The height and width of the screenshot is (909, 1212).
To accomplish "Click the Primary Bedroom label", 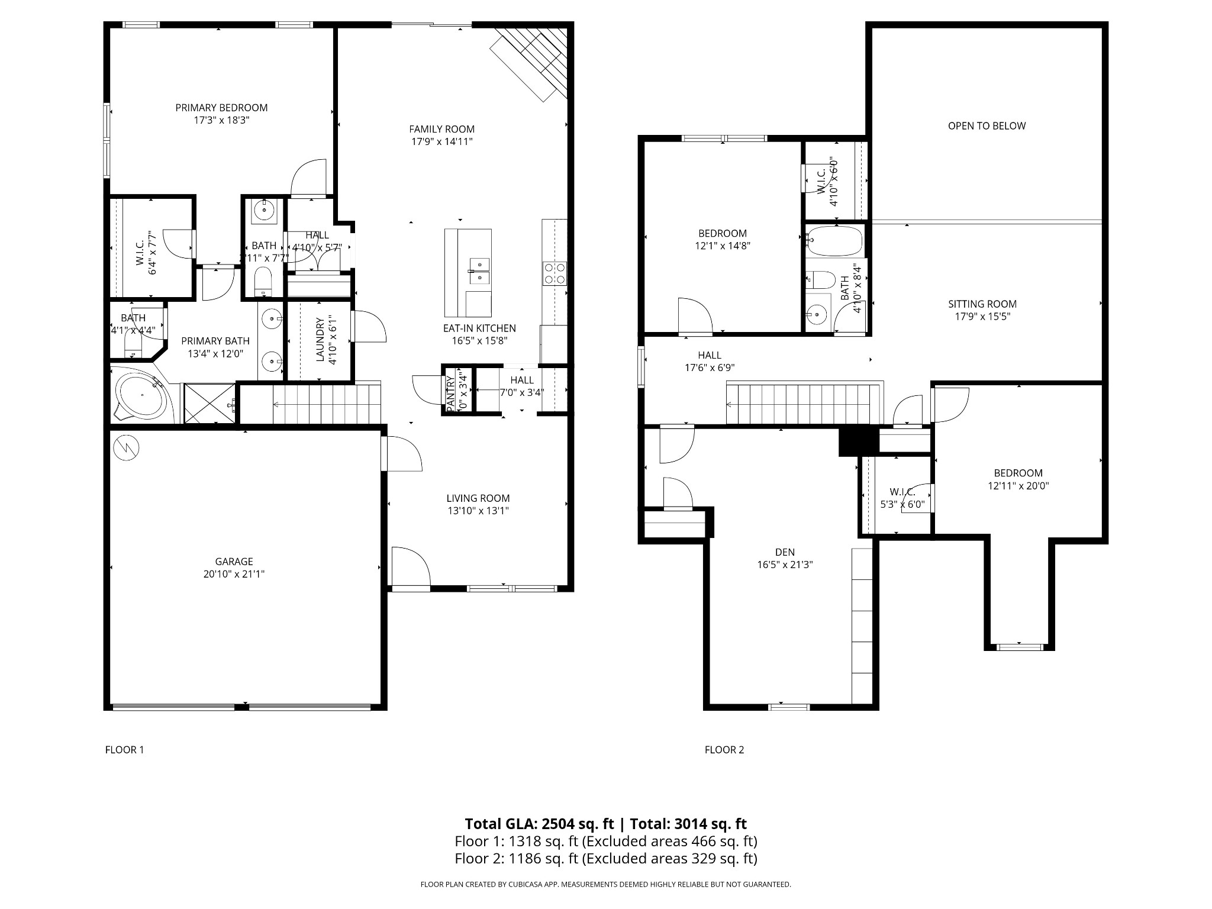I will [221, 108].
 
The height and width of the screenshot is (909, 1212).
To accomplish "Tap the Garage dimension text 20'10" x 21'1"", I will [234, 574].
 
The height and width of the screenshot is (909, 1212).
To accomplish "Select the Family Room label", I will [441, 129].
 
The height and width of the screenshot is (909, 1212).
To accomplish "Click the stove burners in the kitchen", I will [555, 273].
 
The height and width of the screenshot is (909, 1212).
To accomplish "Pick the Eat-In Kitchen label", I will [479, 328].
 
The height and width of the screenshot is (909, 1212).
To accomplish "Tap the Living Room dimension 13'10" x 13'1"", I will [478, 511].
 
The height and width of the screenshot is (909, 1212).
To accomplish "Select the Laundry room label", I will [320, 340].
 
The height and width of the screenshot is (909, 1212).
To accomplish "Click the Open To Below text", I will [987, 125].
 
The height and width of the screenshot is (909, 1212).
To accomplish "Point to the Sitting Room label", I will [982, 304].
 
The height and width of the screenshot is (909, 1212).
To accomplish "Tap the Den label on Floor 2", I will [785, 552].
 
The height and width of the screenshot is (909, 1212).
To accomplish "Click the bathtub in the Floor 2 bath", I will [835, 241].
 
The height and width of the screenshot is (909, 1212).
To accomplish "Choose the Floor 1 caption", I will [124, 750].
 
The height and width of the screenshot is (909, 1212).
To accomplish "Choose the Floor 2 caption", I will [724, 750].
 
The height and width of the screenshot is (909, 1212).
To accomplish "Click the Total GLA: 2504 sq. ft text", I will [539, 824].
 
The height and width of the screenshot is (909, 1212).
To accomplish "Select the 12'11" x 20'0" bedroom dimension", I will [1018, 486].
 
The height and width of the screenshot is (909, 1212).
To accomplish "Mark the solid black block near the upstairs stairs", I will [858, 441].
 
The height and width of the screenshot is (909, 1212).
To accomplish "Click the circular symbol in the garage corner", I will [126, 448].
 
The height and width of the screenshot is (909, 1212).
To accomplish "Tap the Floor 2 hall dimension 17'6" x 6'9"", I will [710, 368].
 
